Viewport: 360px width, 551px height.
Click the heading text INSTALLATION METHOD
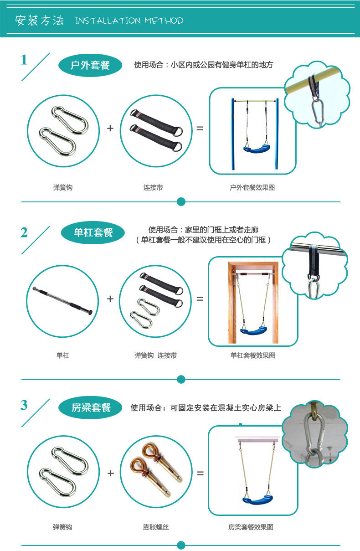(129, 21)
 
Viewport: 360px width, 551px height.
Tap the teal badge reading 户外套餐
(90, 65)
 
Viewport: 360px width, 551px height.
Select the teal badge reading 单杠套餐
(93, 232)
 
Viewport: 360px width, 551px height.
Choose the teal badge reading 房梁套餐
(90, 407)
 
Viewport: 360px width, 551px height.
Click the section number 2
(24, 232)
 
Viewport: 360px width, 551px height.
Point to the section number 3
(24, 405)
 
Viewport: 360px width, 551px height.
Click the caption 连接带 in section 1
(153, 187)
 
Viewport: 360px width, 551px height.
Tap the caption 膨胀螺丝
(156, 527)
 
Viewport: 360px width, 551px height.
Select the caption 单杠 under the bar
(63, 355)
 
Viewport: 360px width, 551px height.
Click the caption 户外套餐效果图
(252, 187)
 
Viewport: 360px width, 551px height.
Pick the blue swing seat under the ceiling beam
(258, 500)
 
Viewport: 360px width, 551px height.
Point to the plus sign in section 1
(110, 128)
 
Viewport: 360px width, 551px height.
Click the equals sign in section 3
(200, 473)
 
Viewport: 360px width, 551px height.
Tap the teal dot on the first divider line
(181, 202)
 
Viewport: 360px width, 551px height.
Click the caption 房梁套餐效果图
(251, 527)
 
